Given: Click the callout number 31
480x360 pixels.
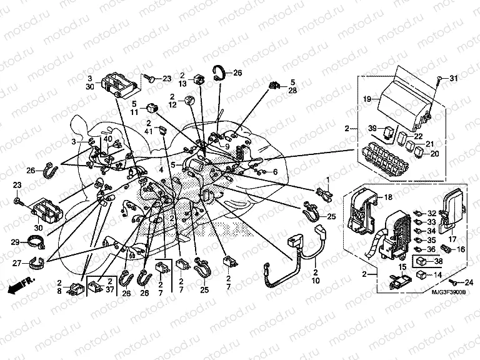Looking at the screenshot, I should (x=454, y=78).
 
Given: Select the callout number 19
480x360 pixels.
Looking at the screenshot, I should (x=367, y=99).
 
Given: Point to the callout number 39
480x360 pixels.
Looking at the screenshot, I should (x=372, y=129).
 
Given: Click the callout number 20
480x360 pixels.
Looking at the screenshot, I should (x=434, y=153).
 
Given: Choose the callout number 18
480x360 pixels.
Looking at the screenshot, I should (x=387, y=197).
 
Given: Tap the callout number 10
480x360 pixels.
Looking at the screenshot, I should (x=316, y=281).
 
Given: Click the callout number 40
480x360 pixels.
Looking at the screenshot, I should (x=108, y=139).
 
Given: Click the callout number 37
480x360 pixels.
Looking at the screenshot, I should (x=109, y=289).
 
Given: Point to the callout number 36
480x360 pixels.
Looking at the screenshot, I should (x=432, y=249).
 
